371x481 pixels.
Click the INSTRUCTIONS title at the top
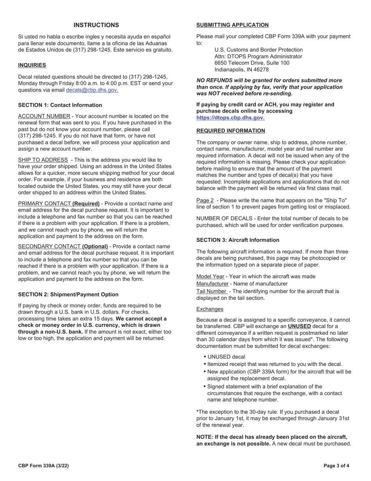pyautogui.click(x=96, y=25)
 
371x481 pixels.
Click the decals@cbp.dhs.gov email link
pyautogui.click(x=92, y=90)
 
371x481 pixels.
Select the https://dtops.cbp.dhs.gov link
pyautogui.click(x=230, y=118)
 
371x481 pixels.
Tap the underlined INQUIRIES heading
pyautogui.click(x=32, y=65)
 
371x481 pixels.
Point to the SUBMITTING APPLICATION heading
pyautogui.click(x=232, y=25)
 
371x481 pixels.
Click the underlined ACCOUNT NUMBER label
pyautogui.click(x=44, y=116)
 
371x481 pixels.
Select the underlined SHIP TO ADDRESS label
pyautogui.click(x=43, y=160)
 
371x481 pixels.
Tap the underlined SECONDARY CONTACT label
pyautogui.click(x=49, y=246)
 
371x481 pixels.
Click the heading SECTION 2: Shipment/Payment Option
pyautogui.click(x=68, y=294)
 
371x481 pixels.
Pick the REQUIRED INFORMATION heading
pyautogui.click(x=230, y=131)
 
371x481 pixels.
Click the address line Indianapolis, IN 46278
pyautogui.click(x=241, y=70)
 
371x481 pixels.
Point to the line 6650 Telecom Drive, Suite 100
pyautogui.click(x=252, y=63)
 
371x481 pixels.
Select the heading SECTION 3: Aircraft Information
pyautogui.click(x=238, y=240)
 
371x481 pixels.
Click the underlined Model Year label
pyautogui.click(x=210, y=276)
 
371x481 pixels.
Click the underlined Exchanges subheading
pyautogui.click(x=210, y=309)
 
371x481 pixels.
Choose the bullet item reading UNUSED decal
pyautogui.click(x=226, y=357)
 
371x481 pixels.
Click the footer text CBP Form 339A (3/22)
pyautogui.click(x=43, y=466)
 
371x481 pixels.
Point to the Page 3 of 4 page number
pyautogui.click(x=336, y=466)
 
